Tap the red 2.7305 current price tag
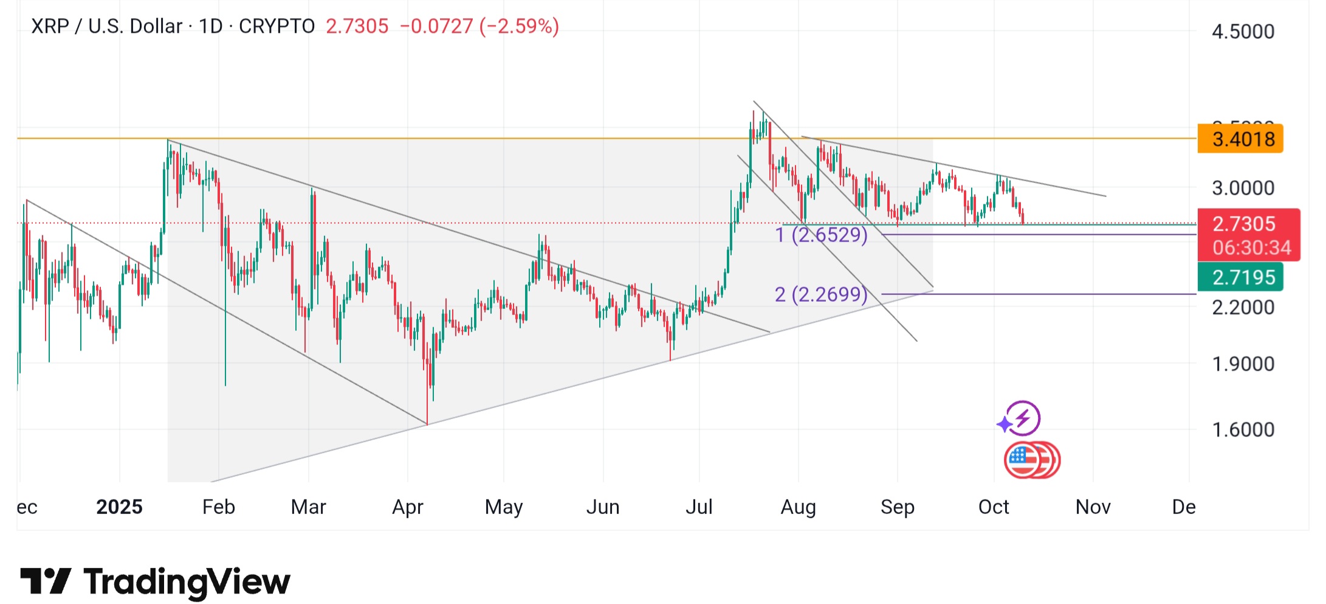[1243, 224]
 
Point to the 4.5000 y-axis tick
[1243, 32]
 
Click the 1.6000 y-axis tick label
[1243, 429]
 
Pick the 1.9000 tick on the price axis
[1243, 364]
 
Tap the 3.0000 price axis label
[1243, 188]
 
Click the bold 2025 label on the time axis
[119, 507]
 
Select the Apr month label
[407, 507]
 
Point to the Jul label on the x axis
[699, 507]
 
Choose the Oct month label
[994, 507]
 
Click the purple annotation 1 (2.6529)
[821, 235]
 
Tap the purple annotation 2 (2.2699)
[821, 294]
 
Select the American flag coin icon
[1025, 460]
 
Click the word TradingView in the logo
[187, 581]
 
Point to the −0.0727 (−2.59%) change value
[479, 26]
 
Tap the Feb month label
[218, 507]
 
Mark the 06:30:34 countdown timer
[1251, 248]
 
